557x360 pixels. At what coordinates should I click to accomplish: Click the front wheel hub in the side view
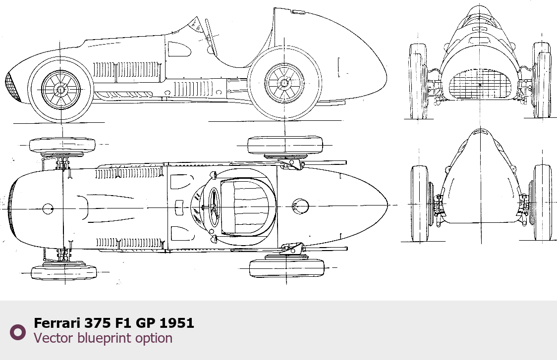[61, 90]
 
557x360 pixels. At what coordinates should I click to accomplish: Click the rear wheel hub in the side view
[284, 82]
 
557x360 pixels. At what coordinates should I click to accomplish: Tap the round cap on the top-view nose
[48, 209]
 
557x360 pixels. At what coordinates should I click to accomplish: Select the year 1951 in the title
[177, 323]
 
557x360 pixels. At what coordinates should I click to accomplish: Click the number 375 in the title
[94, 323]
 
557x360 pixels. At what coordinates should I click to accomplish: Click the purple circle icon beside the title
[18, 332]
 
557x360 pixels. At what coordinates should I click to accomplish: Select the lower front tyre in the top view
[64, 272]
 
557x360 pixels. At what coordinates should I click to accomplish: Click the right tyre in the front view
[542, 80]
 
